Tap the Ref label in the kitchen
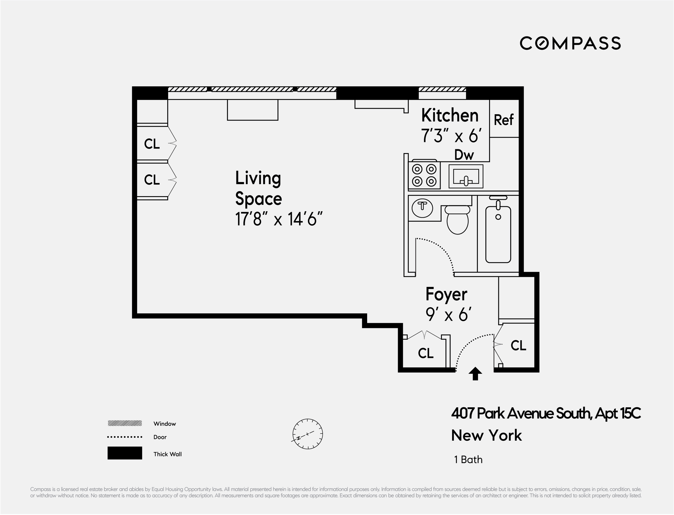coord(503,120)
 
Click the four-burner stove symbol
coord(424,175)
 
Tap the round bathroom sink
coord(422,208)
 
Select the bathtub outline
coord(498,234)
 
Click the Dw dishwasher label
coord(464,155)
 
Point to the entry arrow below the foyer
coord(475,374)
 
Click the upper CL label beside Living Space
coord(152,144)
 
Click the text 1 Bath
coord(468,459)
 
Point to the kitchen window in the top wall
coord(442,89)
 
